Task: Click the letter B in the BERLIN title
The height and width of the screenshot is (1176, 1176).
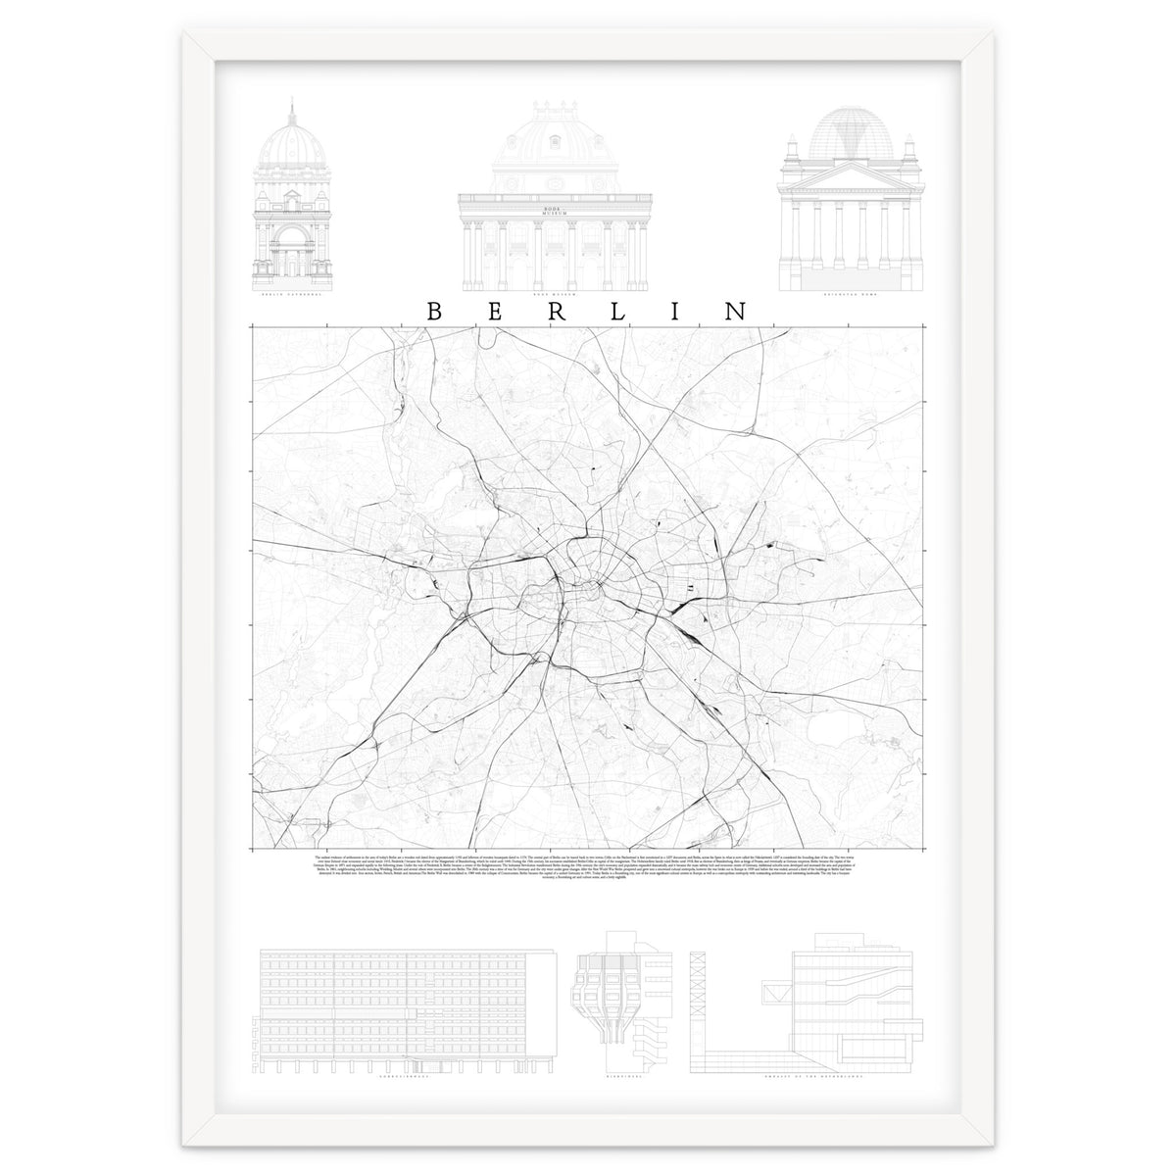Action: click(x=433, y=311)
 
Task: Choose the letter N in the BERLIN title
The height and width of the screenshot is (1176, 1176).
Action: click(x=734, y=311)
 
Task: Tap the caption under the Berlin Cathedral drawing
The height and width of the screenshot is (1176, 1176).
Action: click(x=292, y=294)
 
